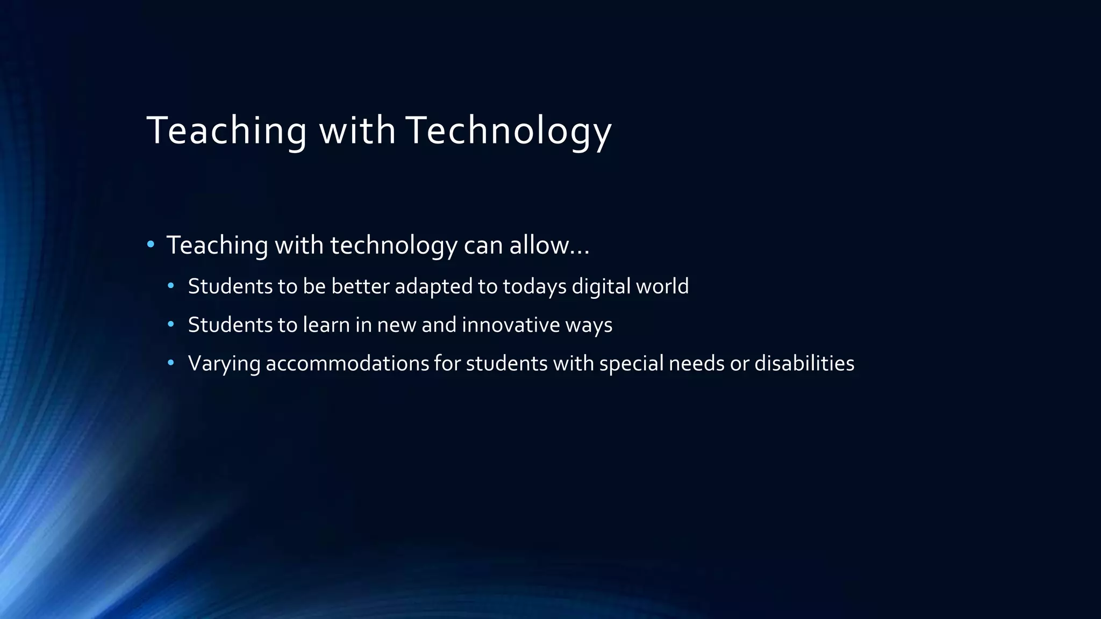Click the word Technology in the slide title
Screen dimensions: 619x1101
pyautogui.click(x=509, y=131)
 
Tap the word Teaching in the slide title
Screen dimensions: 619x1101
pyautogui.click(x=226, y=131)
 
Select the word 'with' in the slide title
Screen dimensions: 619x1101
pyautogui.click(x=358, y=131)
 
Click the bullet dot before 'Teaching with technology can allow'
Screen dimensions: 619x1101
pyautogui.click(x=151, y=245)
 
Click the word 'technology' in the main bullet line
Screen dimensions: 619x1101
pyautogui.click(x=394, y=246)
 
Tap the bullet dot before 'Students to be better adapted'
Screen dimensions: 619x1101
pyautogui.click(x=171, y=286)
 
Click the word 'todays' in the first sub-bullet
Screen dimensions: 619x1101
pyautogui.click(x=534, y=287)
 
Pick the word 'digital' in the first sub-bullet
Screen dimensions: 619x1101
pyautogui.click(x=601, y=286)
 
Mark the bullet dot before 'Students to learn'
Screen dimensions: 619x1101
pyautogui.click(x=171, y=325)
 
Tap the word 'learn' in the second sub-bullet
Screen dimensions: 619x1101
pyautogui.click(x=326, y=325)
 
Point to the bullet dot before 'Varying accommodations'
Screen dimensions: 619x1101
pyautogui.click(x=171, y=363)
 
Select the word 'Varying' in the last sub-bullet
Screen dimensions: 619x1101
pyautogui.click(x=224, y=364)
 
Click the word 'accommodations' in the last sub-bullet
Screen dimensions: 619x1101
pyautogui.click(x=347, y=364)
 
